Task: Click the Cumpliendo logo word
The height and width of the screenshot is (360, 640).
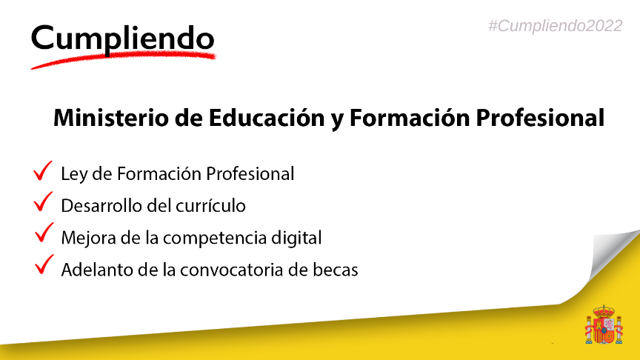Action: click(123, 38)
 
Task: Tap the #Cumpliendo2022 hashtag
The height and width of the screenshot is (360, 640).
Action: click(556, 25)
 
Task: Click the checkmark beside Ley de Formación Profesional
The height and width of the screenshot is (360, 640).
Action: click(42, 171)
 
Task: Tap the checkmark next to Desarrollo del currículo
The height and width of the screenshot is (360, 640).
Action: click(42, 202)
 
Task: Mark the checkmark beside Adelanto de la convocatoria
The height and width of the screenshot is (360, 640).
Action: click(42, 264)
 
